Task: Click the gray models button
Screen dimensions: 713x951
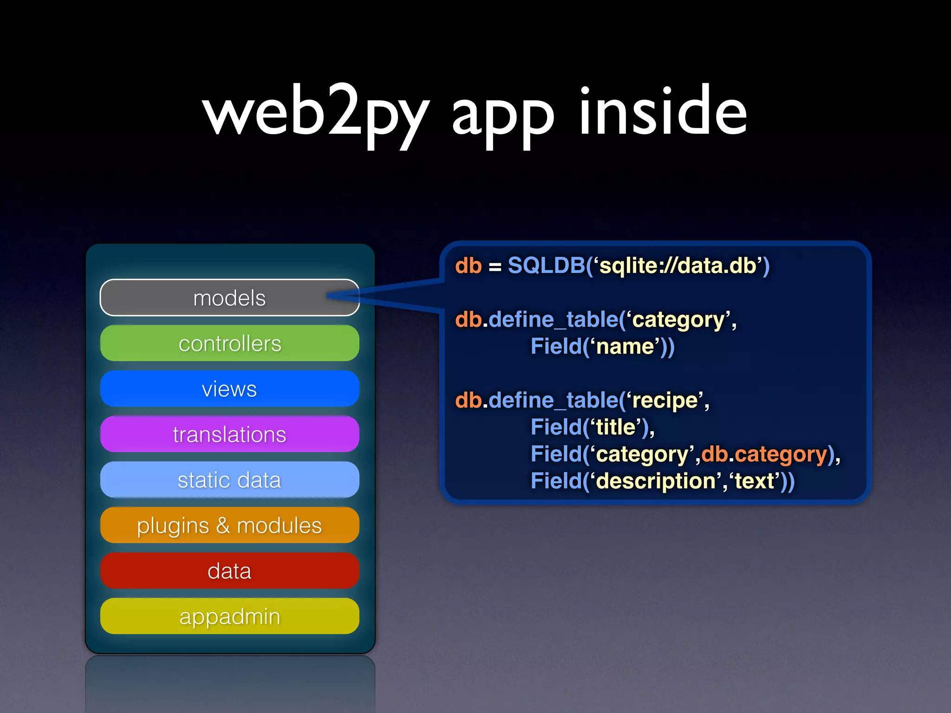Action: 229,298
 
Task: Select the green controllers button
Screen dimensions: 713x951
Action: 229,343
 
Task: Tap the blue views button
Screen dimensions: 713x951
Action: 229,389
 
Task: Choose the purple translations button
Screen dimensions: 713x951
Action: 229,434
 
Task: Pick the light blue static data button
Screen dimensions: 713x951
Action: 229,480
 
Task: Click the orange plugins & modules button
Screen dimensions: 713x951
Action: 229,525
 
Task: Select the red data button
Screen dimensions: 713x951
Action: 229,570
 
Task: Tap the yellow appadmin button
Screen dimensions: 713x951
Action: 229,616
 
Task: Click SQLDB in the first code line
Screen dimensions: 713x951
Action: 546,266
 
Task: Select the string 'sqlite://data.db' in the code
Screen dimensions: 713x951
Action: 678,266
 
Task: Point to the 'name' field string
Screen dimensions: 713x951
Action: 625,347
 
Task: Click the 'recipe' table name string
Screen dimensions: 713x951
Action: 664,401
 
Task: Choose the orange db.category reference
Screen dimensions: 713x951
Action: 764,454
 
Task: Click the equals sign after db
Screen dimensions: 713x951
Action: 495,267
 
